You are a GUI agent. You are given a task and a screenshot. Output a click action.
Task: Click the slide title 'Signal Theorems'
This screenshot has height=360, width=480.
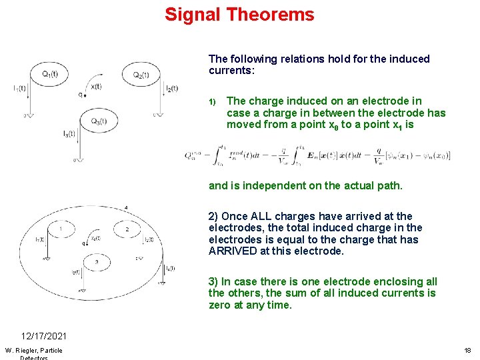(239, 15)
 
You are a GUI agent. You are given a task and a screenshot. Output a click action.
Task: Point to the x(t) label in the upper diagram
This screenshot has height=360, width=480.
(97, 86)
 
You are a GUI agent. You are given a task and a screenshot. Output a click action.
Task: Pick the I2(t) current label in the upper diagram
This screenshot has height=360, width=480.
(170, 88)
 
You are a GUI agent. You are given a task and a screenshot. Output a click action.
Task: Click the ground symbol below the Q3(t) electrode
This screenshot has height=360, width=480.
(79, 160)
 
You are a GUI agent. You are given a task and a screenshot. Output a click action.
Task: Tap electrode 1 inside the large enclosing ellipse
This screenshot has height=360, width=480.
(61, 230)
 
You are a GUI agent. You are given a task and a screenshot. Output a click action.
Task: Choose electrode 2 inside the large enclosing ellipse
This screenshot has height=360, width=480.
(126, 230)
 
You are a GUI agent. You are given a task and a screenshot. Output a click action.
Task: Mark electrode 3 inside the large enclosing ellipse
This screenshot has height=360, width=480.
(96, 262)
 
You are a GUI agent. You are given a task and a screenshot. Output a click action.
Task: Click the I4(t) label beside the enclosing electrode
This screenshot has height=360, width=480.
(170, 268)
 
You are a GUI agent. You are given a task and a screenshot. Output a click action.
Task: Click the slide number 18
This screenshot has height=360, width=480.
(467, 351)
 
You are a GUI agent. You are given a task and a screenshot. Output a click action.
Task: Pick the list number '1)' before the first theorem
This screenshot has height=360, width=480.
(213, 102)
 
